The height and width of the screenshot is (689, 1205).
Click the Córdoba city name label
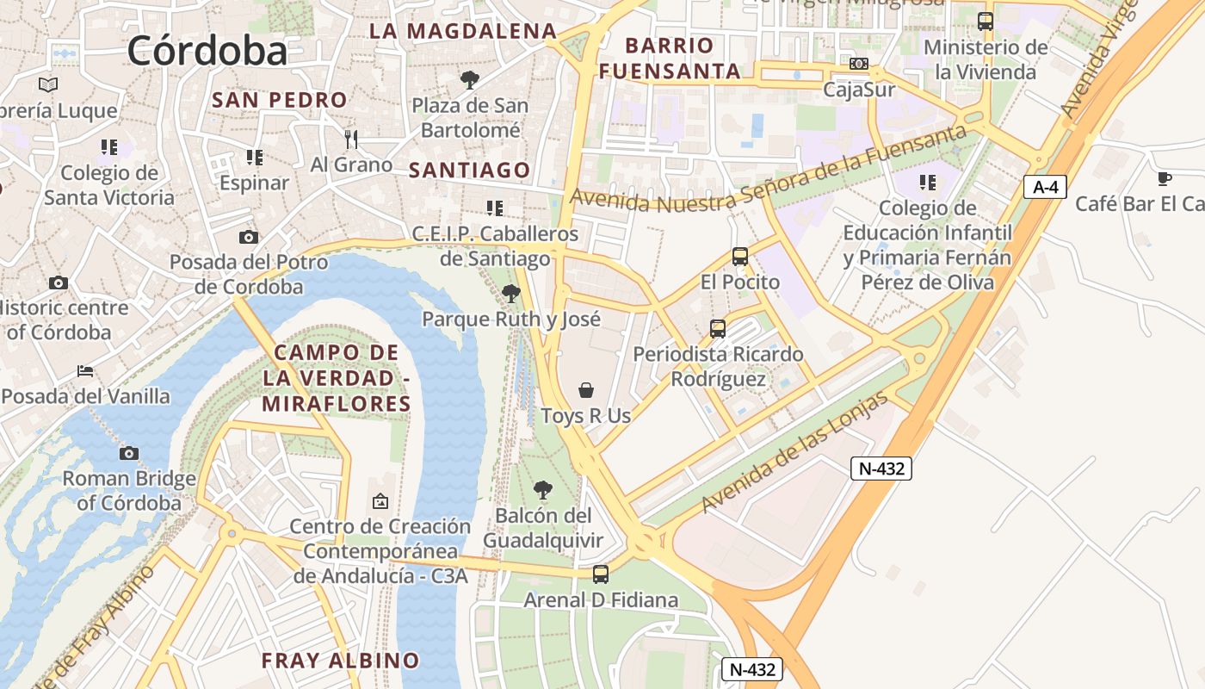207,51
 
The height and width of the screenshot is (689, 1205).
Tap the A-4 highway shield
1045,186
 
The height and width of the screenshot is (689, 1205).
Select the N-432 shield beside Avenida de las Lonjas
881,469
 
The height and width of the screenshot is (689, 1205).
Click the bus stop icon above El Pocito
739,257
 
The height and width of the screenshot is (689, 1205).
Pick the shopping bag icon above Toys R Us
586,390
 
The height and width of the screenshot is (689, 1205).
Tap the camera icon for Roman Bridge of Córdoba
129,453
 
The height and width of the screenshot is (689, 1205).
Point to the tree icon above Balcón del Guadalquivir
542,490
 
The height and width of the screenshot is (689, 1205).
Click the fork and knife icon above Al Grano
351,139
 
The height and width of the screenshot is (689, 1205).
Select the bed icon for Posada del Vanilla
85,371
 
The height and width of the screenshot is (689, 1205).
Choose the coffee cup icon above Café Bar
1164,178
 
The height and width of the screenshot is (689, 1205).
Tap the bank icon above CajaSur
858,64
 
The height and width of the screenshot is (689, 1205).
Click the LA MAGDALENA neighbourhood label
463,31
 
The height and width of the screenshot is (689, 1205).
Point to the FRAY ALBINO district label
340,661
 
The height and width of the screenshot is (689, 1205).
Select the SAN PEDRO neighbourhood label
280,100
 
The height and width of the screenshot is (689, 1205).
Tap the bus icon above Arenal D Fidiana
601,574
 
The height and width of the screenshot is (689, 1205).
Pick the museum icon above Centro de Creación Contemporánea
380,500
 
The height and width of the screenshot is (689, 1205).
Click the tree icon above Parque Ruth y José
510,294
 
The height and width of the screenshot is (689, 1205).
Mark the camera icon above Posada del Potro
248,237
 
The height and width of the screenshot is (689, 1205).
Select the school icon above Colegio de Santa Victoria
108,147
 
